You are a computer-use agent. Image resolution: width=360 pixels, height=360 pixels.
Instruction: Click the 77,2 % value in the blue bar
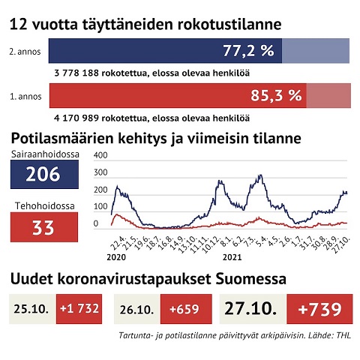[248, 50]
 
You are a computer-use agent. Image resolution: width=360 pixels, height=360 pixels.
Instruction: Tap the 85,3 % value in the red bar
[276, 95]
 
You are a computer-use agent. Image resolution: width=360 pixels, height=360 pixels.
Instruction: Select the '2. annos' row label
[25, 52]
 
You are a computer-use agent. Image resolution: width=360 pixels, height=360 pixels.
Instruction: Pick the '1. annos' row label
[25, 97]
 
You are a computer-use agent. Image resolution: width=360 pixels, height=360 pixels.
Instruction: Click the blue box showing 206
[44, 174]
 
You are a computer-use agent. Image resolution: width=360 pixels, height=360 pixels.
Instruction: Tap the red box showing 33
[44, 227]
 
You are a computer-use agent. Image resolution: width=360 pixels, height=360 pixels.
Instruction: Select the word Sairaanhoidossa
[45, 154]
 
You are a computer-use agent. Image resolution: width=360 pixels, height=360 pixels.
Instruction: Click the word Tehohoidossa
[45, 205]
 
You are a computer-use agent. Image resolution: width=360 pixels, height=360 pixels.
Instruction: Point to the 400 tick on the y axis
[100, 155]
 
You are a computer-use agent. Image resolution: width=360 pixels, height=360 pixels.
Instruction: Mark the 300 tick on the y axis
[100, 172]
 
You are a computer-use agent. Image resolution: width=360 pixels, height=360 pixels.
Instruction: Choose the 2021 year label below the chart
[232, 257]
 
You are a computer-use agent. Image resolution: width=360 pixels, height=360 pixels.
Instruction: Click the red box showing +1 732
[79, 309]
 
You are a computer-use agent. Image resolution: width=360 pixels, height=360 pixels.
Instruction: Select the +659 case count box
[186, 309]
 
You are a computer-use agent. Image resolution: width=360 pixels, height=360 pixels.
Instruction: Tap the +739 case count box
[319, 309]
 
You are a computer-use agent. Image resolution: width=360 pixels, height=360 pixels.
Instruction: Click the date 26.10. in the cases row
[136, 310]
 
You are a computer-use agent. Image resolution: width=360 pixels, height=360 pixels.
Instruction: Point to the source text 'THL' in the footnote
[343, 335]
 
